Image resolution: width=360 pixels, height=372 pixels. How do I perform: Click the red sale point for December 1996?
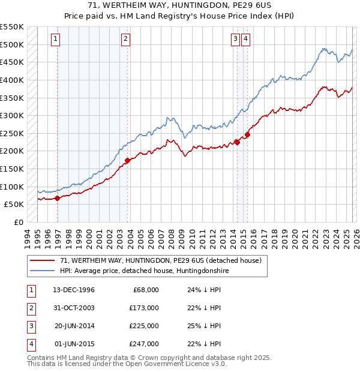57,198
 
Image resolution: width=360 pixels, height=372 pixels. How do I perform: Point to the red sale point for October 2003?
128,160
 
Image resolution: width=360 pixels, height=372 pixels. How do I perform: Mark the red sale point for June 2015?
247,134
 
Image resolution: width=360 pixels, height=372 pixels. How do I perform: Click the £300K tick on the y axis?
12,115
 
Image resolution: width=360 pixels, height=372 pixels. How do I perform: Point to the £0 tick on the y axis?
18,222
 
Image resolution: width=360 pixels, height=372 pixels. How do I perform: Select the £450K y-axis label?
12,62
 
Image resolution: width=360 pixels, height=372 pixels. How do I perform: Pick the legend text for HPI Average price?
144,271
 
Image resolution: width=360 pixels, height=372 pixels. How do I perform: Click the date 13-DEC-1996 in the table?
73,290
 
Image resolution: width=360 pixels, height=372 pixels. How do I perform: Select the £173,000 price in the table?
144,308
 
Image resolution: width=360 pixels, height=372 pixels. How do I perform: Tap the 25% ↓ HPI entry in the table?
205,326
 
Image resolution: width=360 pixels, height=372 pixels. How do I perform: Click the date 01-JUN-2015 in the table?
73,344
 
